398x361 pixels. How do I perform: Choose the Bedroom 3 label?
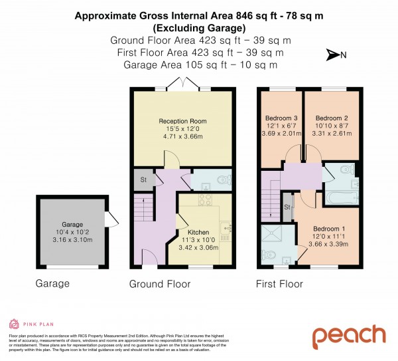279,118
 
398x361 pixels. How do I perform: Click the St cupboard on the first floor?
287,207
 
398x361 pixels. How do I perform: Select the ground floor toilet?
223,179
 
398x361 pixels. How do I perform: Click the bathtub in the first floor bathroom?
341,197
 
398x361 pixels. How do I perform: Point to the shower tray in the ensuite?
272,233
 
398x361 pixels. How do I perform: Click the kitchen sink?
227,230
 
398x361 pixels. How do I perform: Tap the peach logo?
349,336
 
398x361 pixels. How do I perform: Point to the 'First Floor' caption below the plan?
279,284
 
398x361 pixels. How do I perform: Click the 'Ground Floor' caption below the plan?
160,284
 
